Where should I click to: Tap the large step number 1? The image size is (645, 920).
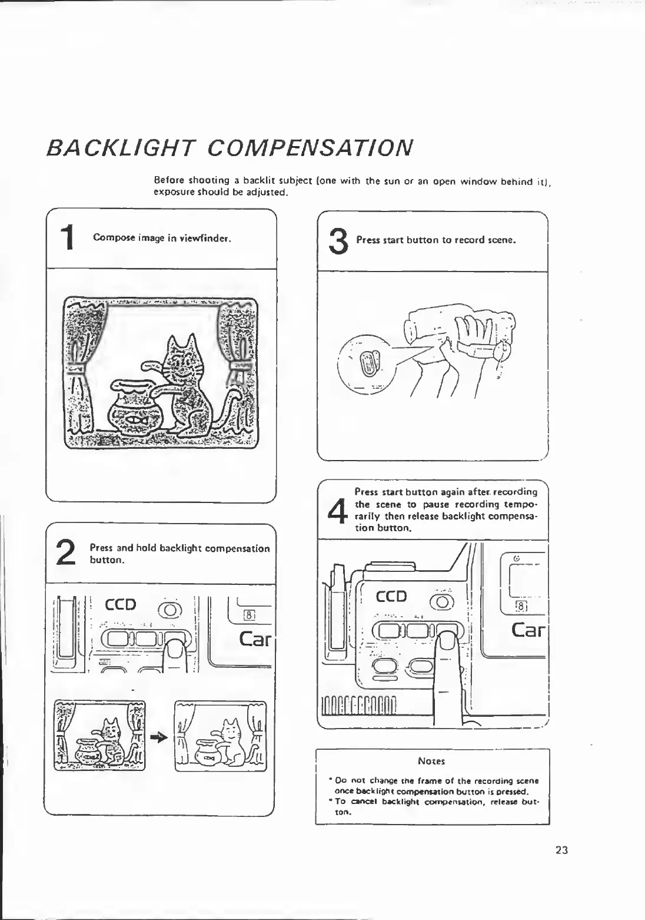click(x=69, y=239)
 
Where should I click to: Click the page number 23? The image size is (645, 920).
click(x=561, y=850)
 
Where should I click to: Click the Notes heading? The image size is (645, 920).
click(x=431, y=761)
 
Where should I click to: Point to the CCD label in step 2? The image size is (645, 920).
click(x=120, y=605)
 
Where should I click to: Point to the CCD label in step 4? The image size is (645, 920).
click(x=391, y=597)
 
